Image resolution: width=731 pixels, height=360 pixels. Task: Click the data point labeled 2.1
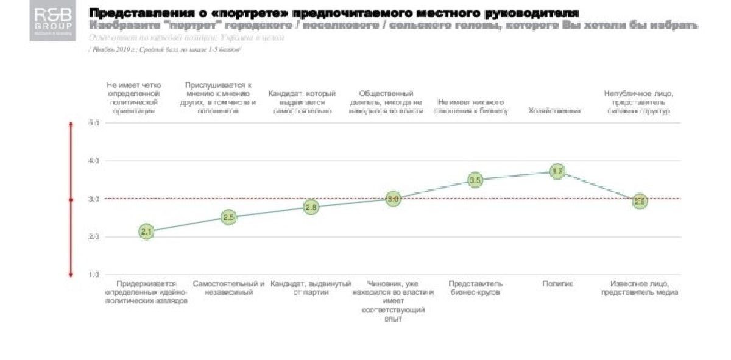click(x=146, y=231)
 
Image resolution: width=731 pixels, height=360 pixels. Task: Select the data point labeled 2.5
click(x=228, y=217)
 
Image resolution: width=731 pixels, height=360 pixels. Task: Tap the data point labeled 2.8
click(x=311, y=207)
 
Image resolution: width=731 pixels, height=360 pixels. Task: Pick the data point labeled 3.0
click(x=393, y=199)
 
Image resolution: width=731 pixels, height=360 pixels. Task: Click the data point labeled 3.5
click(x=475, y=180)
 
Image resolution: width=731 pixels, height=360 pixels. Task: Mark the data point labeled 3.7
click(x=557, y=171)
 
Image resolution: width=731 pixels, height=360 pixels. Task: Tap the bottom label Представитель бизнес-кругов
click(x=475, y=288)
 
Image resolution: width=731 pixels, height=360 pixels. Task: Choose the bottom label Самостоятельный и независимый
click(x=228, y=288)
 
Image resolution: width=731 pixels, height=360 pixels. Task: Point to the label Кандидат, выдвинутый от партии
click(x=311, y=288)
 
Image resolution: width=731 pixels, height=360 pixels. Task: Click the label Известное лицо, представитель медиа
click(x=639, y=288)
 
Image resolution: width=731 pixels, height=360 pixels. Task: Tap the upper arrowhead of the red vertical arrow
click(x=71, y=125)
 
